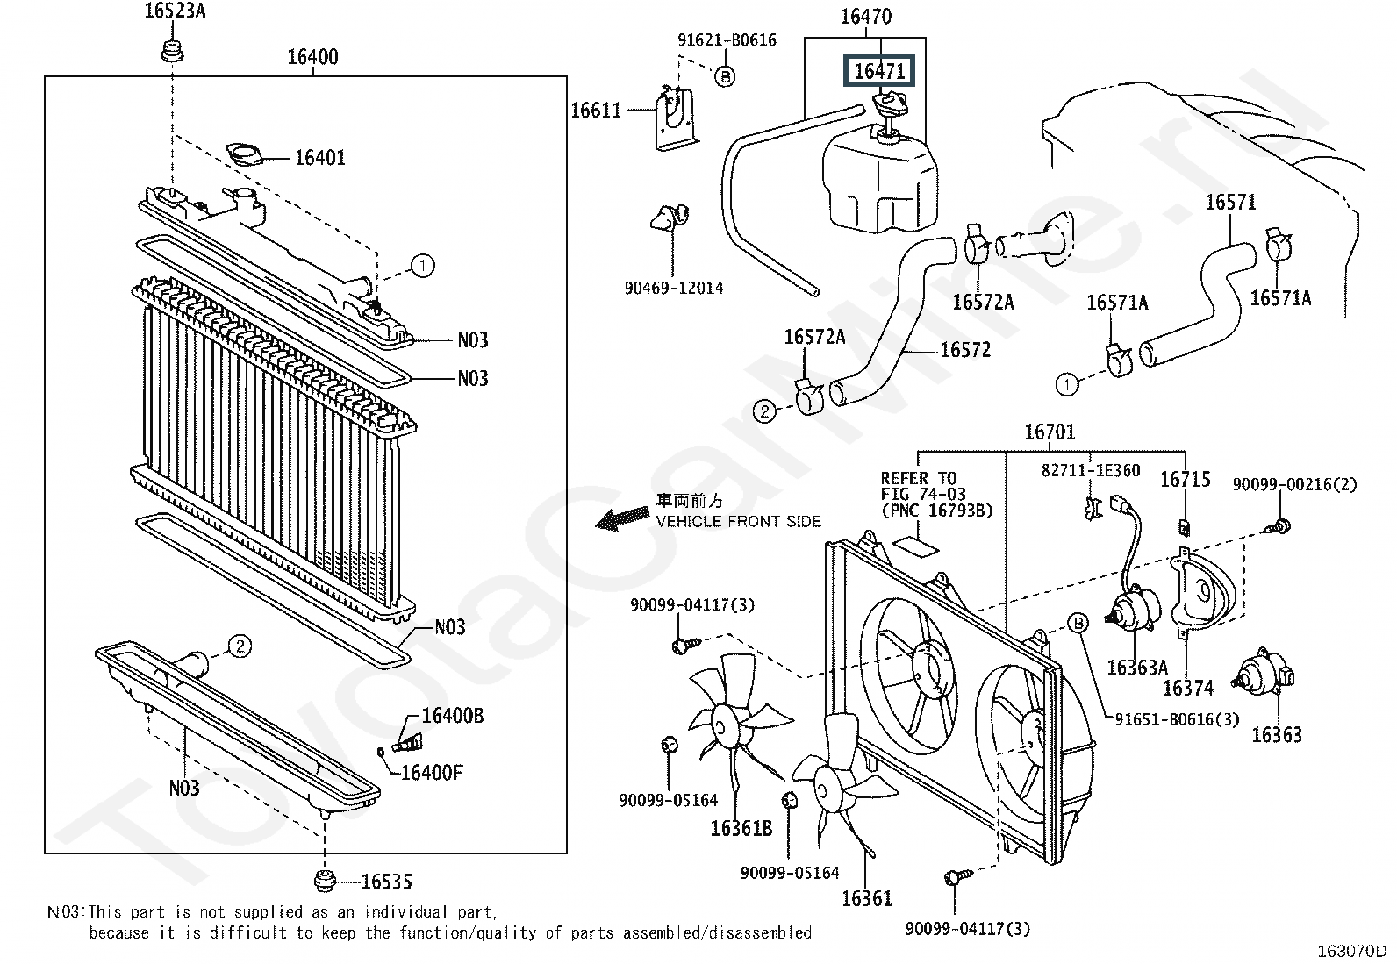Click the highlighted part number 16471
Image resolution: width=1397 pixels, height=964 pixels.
879,71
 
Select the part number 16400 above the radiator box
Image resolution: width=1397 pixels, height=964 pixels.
313,57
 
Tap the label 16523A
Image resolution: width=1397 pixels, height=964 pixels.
176,11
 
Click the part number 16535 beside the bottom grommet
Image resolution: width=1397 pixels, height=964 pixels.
386,882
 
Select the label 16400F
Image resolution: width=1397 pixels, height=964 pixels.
431,773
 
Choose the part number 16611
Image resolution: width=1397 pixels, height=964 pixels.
596,111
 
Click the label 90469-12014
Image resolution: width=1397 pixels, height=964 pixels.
674,288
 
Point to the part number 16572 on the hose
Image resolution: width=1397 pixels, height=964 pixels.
964,350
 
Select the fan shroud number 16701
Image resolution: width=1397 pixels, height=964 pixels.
1050,432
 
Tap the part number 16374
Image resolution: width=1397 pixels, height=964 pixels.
1187,689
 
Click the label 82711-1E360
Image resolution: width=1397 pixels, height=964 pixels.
1091,471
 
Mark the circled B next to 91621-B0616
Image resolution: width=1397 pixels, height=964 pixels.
725,77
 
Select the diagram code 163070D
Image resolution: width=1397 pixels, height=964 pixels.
1351,951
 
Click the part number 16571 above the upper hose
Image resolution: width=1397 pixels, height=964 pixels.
1230,203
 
